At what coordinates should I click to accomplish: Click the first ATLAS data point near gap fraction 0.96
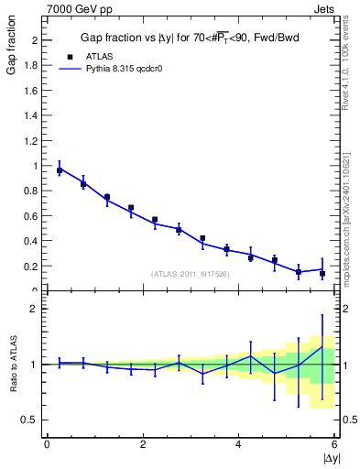[x=60, y=170]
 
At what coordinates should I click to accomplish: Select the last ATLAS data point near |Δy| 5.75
[x=322, y=274]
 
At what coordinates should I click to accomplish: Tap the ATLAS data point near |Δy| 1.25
[x=107, y=197]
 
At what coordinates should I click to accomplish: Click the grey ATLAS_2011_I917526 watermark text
[x=191, y=273]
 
